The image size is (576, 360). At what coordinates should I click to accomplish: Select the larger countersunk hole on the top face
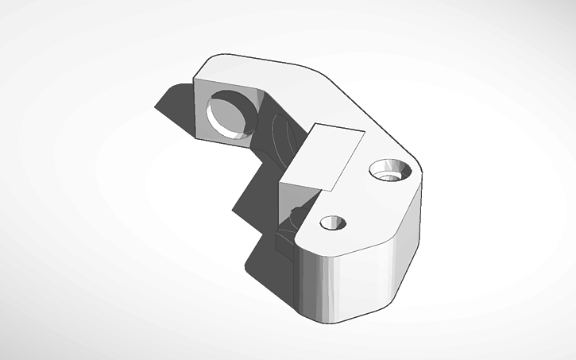coord(390,170)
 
